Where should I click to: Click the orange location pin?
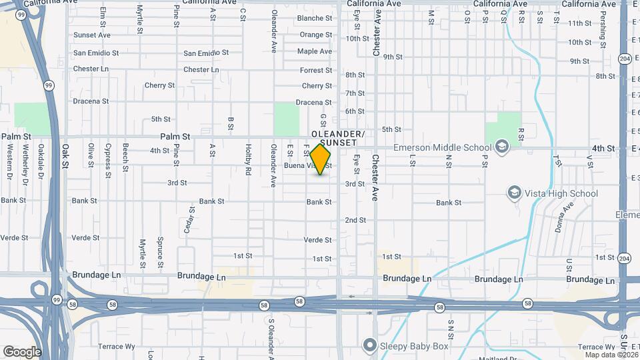321,159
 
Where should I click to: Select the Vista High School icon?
514,193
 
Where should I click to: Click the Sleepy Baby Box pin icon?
370,345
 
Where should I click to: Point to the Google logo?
22,351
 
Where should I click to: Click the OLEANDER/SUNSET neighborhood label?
343,138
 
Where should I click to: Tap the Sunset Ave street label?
92,35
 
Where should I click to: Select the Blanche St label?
315,18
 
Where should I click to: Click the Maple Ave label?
315,51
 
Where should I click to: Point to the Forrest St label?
316,70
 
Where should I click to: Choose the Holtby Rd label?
247,160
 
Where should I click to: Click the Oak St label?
65,156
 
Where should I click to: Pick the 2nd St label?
355,220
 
